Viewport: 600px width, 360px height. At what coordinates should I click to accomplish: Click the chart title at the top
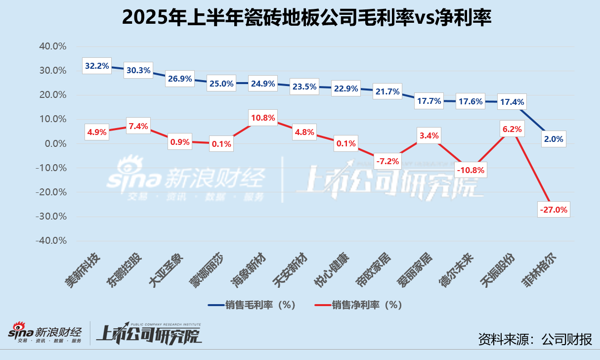(x=300, y=18)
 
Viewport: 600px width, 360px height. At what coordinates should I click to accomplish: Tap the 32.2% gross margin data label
(x=97, y=66)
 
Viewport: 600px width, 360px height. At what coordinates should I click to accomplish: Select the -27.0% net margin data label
(x=554, y=209)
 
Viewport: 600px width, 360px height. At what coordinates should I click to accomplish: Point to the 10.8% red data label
(x=263, y=118)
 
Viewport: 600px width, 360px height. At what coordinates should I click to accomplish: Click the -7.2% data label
(x=387, y=161)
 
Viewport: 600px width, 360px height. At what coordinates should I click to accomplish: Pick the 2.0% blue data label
(x=554, y=139)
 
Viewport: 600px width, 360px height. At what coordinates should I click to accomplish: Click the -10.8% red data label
(x=470, y=170)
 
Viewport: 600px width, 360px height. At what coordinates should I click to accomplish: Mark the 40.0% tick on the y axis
(x=52, y=46)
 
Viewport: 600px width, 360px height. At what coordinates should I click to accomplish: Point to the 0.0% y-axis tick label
(x=54, y=144)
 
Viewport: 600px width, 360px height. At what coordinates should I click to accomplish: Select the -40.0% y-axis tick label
(x=51, y=241)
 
